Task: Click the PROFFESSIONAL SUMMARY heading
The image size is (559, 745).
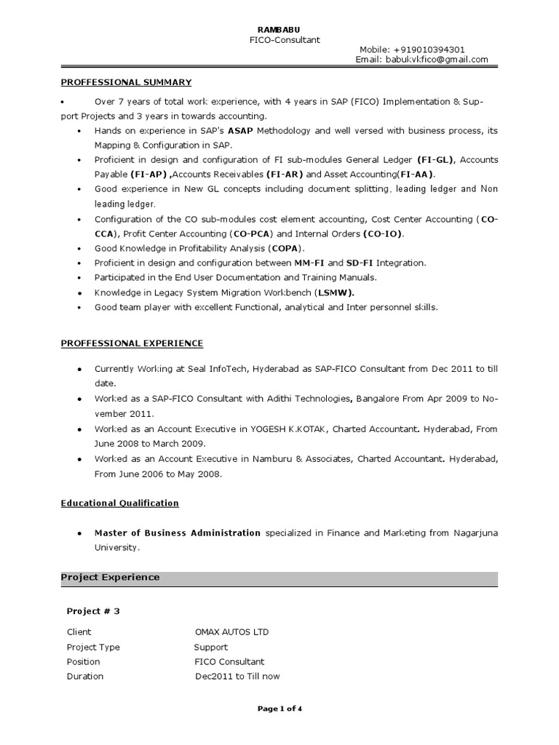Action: click(126, 83)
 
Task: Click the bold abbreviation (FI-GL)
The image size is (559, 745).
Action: click(436, 159)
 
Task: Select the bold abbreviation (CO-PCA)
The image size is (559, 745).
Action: click(251, 234)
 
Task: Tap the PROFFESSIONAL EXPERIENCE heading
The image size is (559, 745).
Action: click(132, 343)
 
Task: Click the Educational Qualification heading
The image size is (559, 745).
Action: click(119, 503)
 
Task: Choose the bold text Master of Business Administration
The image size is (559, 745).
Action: click(178, 533)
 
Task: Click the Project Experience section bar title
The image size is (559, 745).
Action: click(110, 578)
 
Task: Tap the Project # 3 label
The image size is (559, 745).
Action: click(93, 611)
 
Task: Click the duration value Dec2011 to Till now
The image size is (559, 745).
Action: click(237, 677)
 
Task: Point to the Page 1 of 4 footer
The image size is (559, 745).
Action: click(279, 709)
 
